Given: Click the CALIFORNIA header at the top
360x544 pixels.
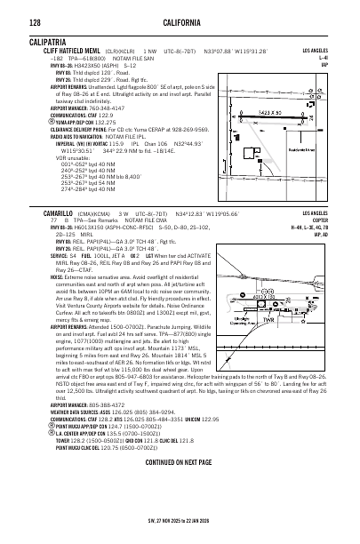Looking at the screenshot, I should (180, 22).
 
